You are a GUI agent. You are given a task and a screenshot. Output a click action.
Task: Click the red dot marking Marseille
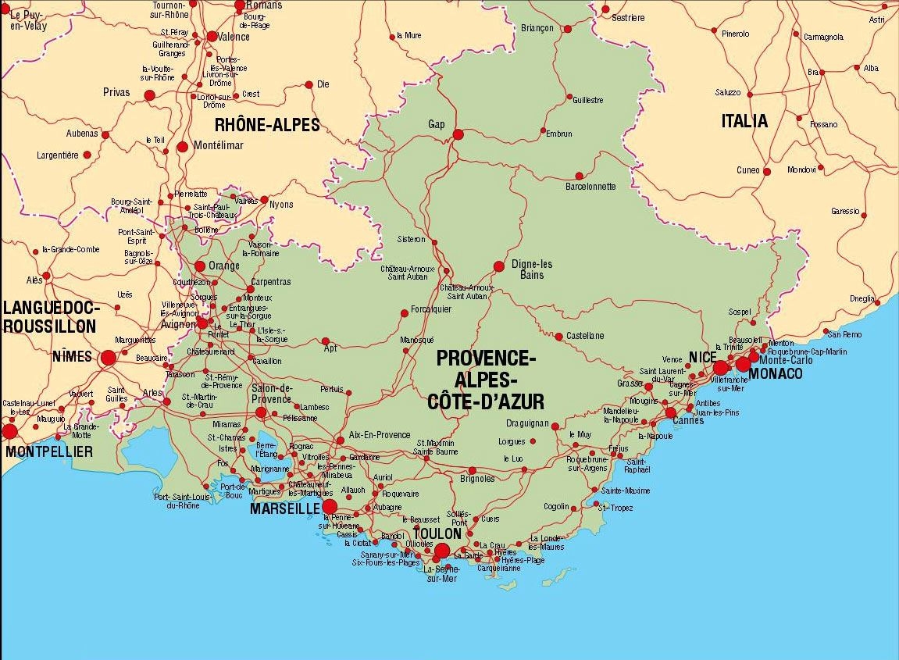click(x=330, y=508)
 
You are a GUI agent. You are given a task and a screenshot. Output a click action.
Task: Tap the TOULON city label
click(x=437, y=533)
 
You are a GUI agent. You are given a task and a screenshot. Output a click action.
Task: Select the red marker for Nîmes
click(x=108, y=358)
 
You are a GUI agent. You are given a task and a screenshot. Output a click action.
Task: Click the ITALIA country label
click(x=744, y=121)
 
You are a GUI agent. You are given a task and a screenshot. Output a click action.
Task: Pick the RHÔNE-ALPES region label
click(x=267, y=124)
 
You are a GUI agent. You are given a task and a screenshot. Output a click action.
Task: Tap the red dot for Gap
click(x=458, y=134)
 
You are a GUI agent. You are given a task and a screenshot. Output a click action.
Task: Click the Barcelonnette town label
click(x=590, y=187)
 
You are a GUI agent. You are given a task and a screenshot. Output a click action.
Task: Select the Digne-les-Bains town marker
click(x=499, y=266)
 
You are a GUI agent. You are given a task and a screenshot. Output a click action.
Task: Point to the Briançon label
click(x=537, y=28)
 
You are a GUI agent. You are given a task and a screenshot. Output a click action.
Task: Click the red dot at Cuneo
click(x=767, y=171)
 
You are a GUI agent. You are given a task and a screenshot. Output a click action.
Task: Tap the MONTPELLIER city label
click(x=48, y=451)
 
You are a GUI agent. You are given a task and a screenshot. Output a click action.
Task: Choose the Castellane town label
click(x=585, y=336)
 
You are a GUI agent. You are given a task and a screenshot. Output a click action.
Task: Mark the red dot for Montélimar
click(x=182, y=146)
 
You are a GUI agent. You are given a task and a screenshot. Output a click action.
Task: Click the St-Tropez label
click(x=615, y=507)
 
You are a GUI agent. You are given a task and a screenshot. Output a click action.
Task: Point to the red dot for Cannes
click(x=670, y=412)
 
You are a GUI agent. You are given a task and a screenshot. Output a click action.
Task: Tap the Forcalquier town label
click(x=431, y=309)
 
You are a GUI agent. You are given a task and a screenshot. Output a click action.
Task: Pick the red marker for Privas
click(x=150, y=95)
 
